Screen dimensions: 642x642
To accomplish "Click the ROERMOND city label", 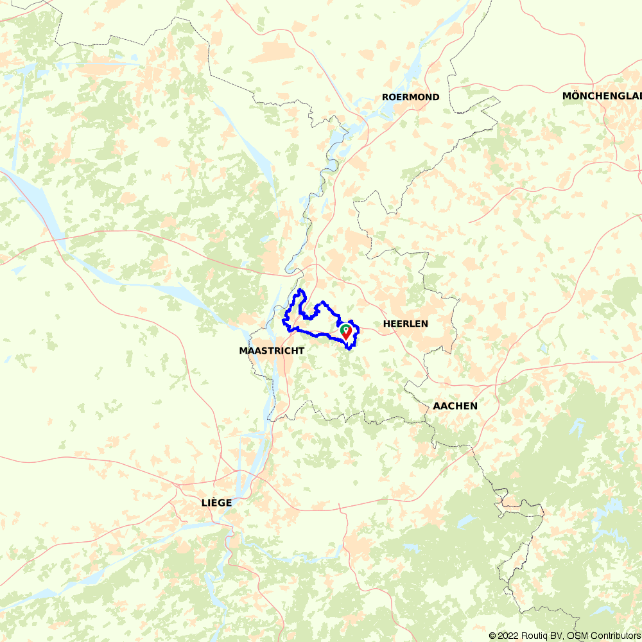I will (x=410, y=97).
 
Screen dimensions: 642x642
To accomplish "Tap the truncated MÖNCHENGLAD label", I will (x=602, y=96).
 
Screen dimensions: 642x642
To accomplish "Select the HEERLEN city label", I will (x=405, y=324).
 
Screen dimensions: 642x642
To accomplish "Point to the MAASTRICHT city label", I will (x=272, y=351).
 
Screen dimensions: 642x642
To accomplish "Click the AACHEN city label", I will (x=455, y=406).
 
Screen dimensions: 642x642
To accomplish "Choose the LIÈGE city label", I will (x=216, y=502).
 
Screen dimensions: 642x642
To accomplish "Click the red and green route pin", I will (x=346, y=332).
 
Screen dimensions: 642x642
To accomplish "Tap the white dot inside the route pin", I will (x=346, y=329).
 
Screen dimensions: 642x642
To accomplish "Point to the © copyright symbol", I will (x=492, y=636).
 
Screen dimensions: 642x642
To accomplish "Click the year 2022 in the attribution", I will (x=508, y=636).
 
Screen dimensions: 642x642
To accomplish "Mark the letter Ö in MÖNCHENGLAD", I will (x=575, y=96).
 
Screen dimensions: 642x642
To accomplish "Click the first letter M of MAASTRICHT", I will (x=242, y=351).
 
